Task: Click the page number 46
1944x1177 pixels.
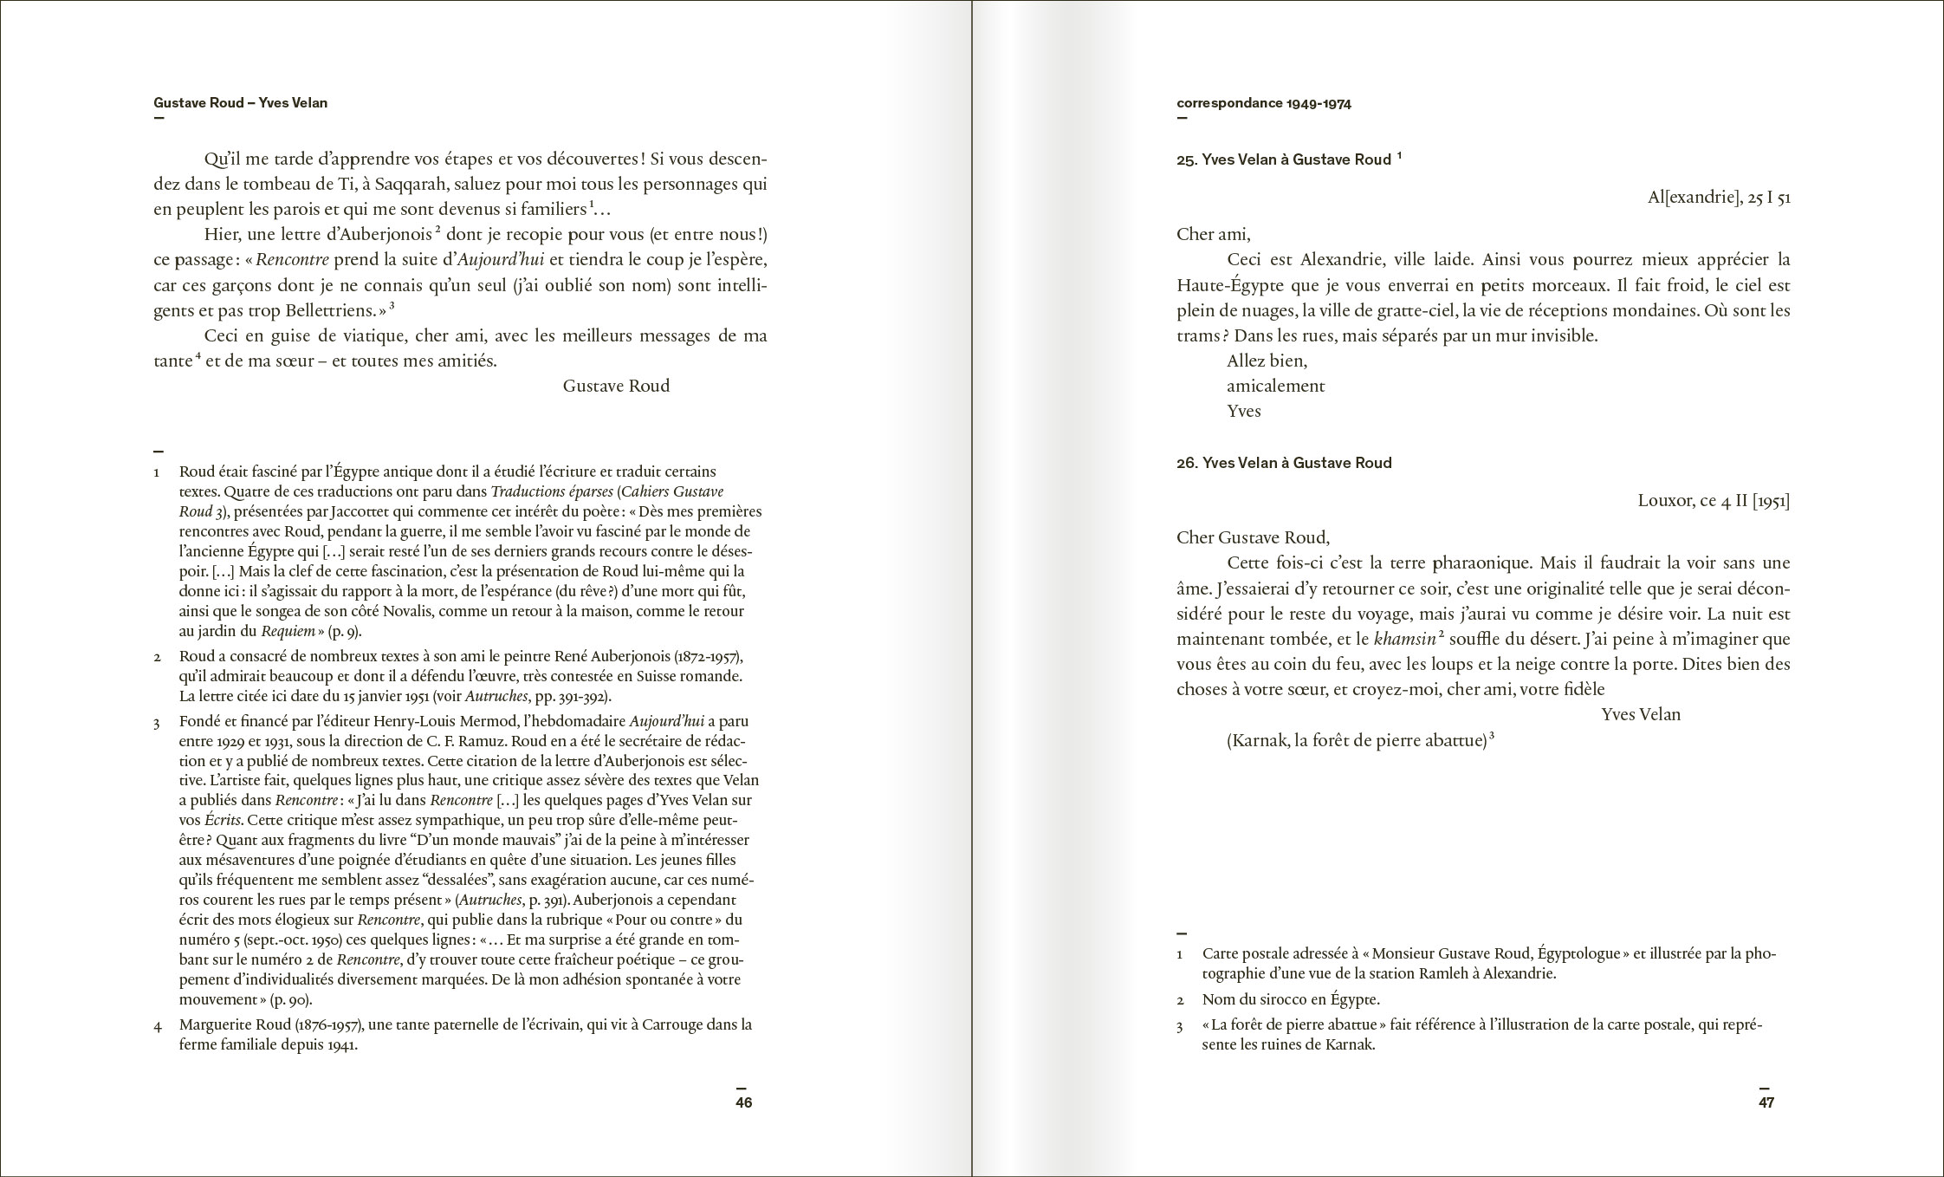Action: click(x=743, y=1102)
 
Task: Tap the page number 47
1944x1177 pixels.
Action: click(x=1766, y=1102)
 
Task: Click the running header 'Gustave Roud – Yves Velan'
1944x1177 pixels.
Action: click(x=240, y=103)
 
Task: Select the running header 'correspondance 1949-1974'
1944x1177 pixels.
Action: click(x=1263, y=104)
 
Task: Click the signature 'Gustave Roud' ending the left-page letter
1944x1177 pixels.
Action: click(x=616, y=387)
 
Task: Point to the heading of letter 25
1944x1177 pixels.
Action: click(x=1284, y=160)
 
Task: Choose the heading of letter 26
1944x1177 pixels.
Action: click(x=1284, y=464)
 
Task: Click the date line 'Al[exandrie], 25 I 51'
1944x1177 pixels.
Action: click(x=1719, y=198)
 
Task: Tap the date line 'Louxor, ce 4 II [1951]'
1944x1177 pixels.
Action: click(x=1714, y=502)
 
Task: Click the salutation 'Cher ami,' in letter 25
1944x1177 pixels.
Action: click(x=1213, y=235)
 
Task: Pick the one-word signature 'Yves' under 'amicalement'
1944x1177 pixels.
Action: click(x=1243, y=412)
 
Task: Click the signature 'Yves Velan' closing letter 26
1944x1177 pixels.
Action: click(x=1641, y=715)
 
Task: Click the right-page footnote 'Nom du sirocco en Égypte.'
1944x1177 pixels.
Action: click(x=1291, y=999)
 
